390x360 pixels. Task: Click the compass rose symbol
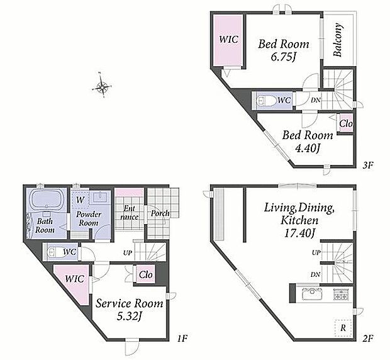101,86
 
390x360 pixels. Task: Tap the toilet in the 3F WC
266,101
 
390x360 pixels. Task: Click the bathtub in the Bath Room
47,200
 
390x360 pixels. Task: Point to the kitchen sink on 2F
313,295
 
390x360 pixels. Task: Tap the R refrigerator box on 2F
343,328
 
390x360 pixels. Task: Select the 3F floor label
367,165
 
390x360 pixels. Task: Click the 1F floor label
182,339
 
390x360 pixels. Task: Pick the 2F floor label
367,339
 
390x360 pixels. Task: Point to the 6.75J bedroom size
284,57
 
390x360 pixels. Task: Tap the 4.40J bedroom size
308,149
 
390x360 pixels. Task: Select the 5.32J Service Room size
130,317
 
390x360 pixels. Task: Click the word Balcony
338,40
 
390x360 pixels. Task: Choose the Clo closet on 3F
346,123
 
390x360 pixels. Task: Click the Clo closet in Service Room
146,275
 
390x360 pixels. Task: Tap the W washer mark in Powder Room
80,200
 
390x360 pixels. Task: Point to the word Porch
160,213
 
